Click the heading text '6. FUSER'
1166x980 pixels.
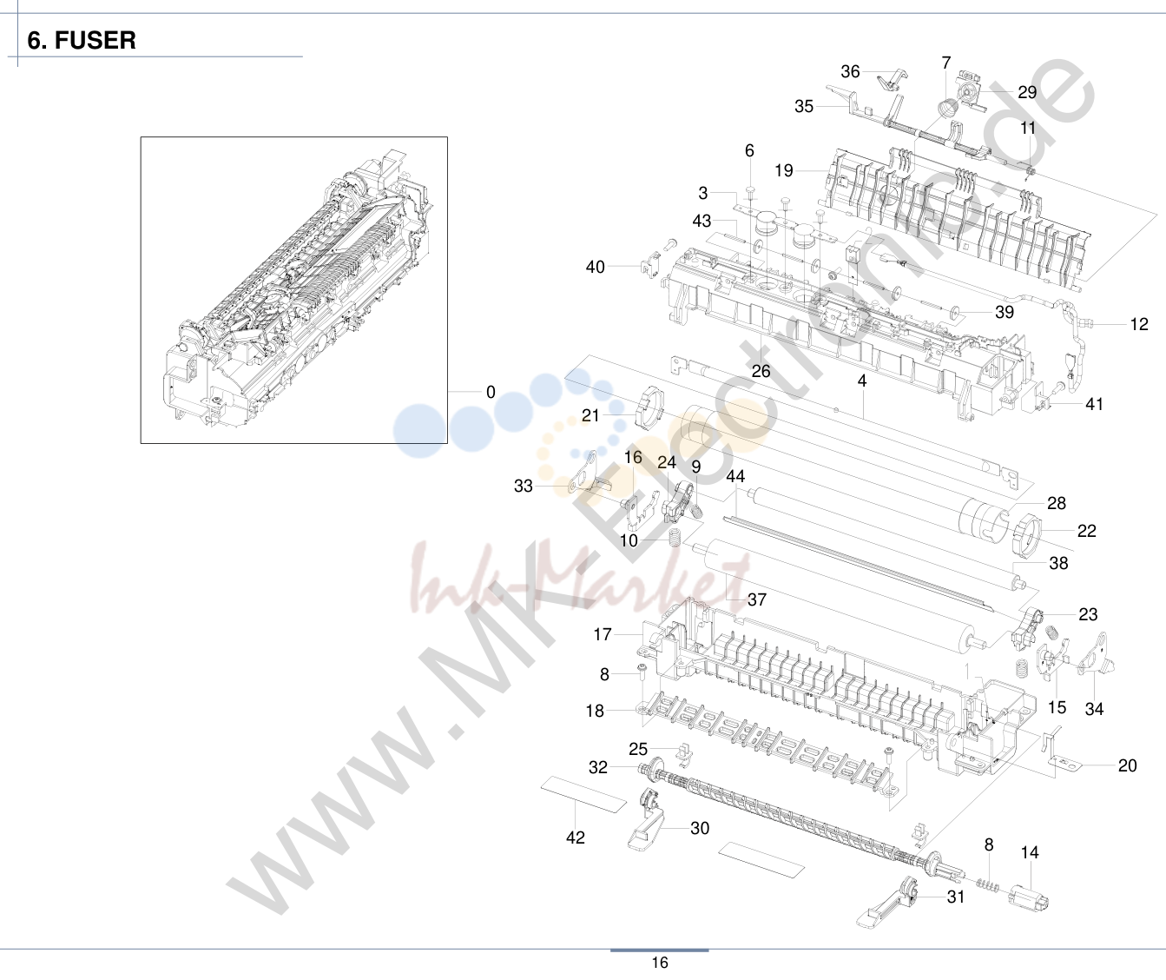pyautogui.click(x=82, y=40)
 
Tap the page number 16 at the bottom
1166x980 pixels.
pyautogui.click(x=660, y=963)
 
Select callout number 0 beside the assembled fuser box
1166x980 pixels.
pyautogui.click(x=491, y=392)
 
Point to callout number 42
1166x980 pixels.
pyautogui.click(x=575, y=838)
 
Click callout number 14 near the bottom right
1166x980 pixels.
pyautogui.click(x=1030, y=852)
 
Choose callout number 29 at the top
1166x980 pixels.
pyautogui.click(x=1027, y=92)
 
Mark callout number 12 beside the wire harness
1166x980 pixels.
pyautogui.click(x=1138, y=324)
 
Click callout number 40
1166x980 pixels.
pyautogui.click(x=596, y=267)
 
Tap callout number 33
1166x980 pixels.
pyautogui.click(x=524, y=486)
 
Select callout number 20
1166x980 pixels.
pyautogui.click(x=1127, y=765)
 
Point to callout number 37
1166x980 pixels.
pyautogui.click(x=757, y=599)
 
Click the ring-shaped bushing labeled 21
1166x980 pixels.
pyautogui.click(x=648, y=407)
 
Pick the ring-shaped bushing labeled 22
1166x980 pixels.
pyautogui.click(x=1026, y=535)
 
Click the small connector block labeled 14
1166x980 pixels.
pyautogui.click(x=1029, y=897)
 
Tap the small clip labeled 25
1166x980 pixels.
pyautogui.click(x=684, y=752)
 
